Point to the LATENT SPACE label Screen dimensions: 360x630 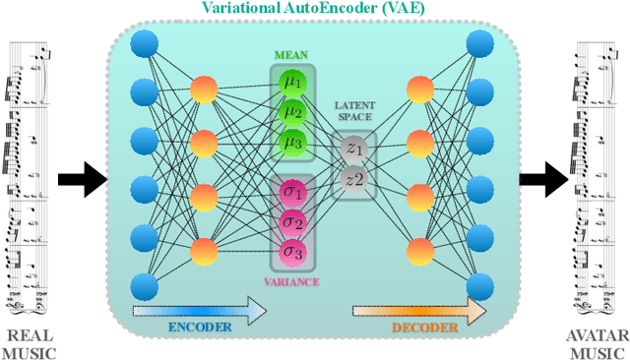(x=354, y=111)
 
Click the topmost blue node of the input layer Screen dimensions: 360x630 (x=145, y=43)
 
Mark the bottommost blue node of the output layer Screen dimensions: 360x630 (x=480, y=285)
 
